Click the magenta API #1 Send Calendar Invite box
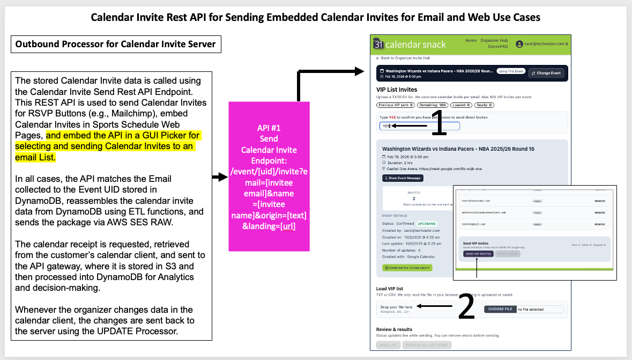[x=269, y=175]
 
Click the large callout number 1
[x=438, y=124]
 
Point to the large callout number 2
[x=466, y=307]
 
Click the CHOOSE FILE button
[x=500, y=309]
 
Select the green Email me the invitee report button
[x=407, y=267]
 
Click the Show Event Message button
[x=403, y=178]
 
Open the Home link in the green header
[x=471, y=41]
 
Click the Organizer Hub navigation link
[x=494, y=41]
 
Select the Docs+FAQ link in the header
[x=497, y=47]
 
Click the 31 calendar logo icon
[x=378, y=45]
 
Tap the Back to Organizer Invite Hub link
[x=403, y=58]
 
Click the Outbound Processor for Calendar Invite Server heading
[x=115, y=44]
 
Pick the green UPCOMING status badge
[x=428, y=223]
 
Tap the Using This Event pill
[x=510, y=71]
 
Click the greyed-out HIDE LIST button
[x=388, y=344]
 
